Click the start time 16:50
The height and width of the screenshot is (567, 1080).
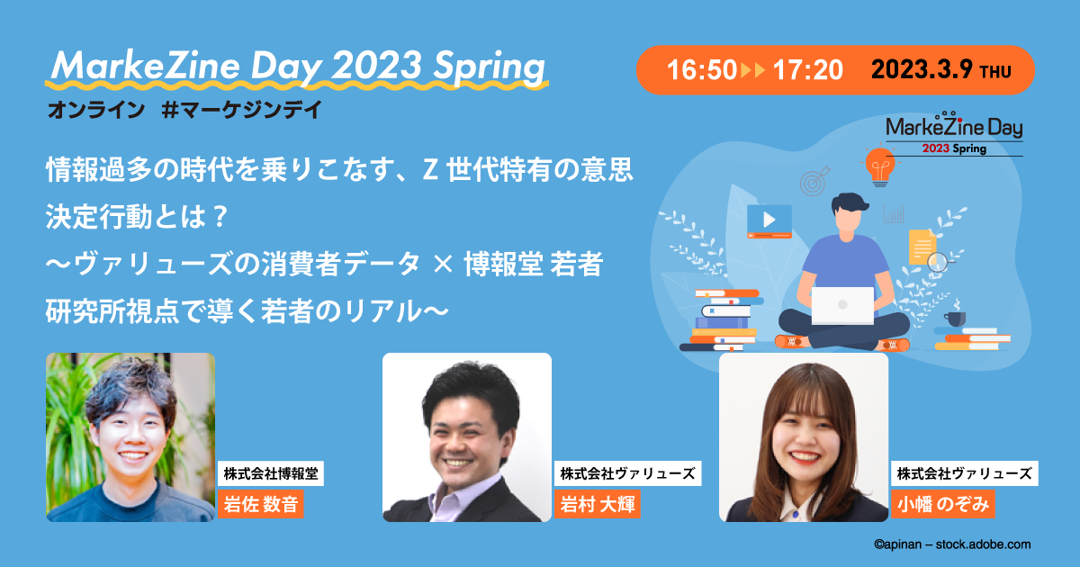tap(702, 70)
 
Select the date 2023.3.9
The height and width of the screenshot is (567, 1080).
tap(923, 70)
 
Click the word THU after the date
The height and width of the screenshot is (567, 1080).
tap(1000, 72)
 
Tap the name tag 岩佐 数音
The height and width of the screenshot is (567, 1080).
tap(260, 504)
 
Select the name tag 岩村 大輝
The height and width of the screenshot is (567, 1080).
tap(597, 504)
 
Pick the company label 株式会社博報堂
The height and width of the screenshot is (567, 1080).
tap(271, 472)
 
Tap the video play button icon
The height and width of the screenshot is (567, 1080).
tap(769, 218)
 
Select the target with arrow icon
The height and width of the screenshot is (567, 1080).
tap(814, 180)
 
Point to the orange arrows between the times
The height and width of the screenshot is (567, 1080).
tap(752, 70)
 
